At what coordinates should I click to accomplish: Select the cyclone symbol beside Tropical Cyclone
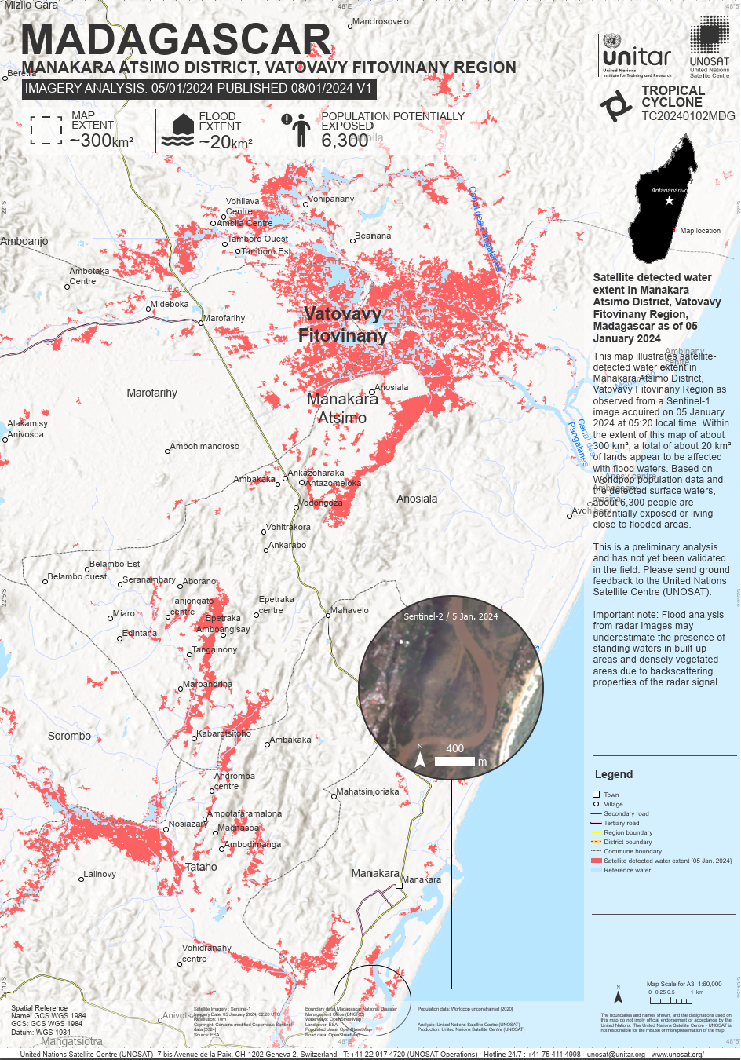tap(616, 105)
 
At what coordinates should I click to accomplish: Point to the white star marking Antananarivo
tap(669, 201)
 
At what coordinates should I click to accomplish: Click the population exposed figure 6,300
tap(345, 141)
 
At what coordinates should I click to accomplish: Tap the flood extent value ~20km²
tap(225, 142)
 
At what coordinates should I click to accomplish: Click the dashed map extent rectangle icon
tap(46, 130)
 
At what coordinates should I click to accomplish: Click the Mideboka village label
tap(170, 304)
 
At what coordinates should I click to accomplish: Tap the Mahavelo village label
tap(349, 610)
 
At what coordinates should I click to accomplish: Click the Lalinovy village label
tap(100, 874)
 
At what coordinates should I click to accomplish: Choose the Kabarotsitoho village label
tap(224, 733)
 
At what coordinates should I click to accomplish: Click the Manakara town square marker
tap(399, 885)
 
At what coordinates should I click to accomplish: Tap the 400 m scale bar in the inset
tap(454, 761)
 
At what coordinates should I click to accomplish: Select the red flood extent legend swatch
tap(596, 861)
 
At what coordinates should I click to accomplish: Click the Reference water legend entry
tap(626, 870)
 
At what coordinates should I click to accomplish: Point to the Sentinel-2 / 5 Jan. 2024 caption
tap(451, 616)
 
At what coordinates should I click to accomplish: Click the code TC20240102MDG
tap(688, 116)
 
